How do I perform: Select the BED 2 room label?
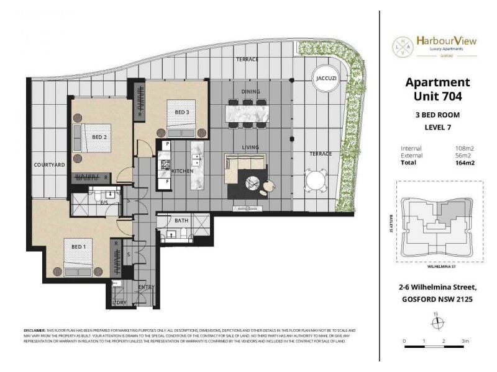pos(100,136)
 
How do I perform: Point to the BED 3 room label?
pos(181,112)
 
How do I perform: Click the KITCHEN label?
pos(182,170)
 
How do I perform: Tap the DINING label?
pos(251,92)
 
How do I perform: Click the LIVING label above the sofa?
pos(250,147)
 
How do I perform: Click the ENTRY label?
pos(147,286)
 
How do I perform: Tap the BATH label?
pos(181,220)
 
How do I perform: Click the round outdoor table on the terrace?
pos(314,182)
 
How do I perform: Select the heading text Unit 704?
pos(437,96)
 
